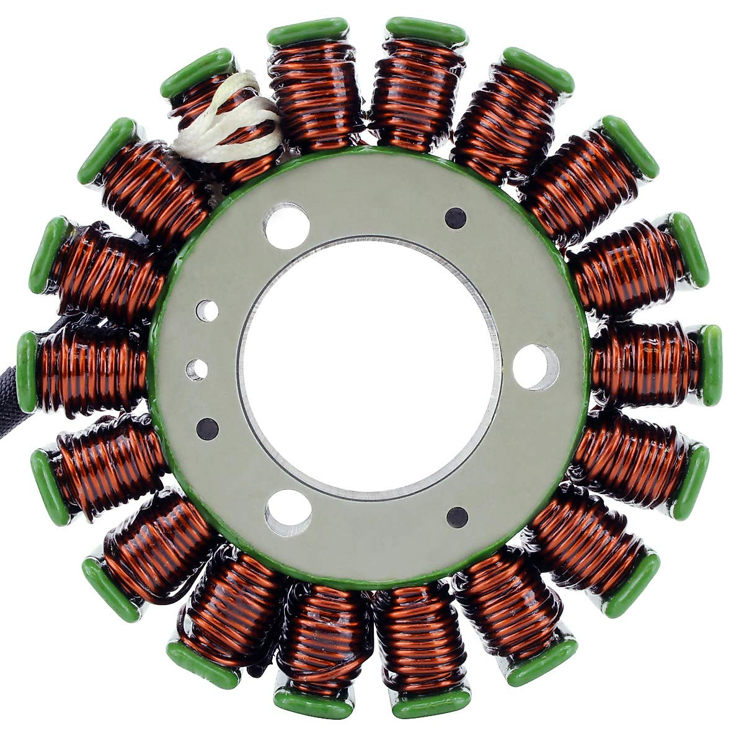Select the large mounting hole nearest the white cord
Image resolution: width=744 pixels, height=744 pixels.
(286, 226)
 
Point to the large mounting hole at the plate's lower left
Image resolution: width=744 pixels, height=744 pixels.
(288, 512)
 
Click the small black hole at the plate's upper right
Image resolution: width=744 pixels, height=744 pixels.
(456, 218)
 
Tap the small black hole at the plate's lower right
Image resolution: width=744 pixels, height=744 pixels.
(457, 516)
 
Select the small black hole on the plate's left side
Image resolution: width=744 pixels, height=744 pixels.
(207, 428)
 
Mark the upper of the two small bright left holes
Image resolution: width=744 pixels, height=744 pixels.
(207, 311)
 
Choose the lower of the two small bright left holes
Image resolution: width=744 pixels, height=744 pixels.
(197, 370)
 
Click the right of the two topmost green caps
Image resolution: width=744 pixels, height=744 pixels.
(427, 31)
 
